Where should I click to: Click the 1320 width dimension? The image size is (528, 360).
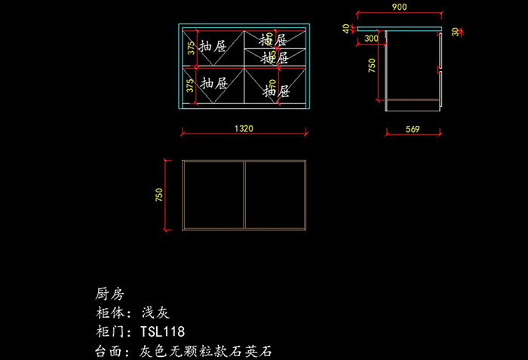(x=243, y=129)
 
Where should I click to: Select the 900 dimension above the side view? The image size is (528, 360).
(x=399, y=7)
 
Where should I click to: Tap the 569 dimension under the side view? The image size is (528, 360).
(x=412, y=129)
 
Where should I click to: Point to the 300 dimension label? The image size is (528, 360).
(x=371, y=38)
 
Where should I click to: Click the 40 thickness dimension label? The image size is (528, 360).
(x=346, y=29)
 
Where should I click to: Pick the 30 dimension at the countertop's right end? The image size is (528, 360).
(x=455, y=32)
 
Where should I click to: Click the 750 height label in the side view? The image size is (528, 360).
(x=371, y=65)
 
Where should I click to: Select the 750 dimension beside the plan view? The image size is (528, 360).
(x=158, y=195)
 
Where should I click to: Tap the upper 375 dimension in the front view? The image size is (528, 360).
(x=191, y=48)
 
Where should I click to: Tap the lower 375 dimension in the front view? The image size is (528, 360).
(x=191, y=85)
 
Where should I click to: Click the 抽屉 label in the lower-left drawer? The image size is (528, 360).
(x=215, y=84)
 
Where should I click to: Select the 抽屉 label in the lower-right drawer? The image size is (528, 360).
(x=276, y=92)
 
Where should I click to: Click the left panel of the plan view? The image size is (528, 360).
(x=214, y=194)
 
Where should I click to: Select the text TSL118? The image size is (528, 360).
(x=162, y=332)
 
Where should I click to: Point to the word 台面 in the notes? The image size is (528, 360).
(x=110, y=351)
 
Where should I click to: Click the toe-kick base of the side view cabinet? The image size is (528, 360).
(x=412, y=105)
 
